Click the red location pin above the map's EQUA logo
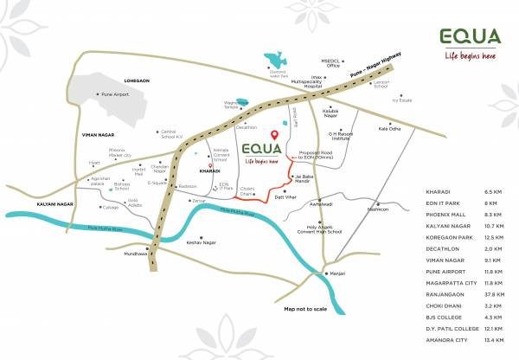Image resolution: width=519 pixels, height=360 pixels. click(x=274, y=135)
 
